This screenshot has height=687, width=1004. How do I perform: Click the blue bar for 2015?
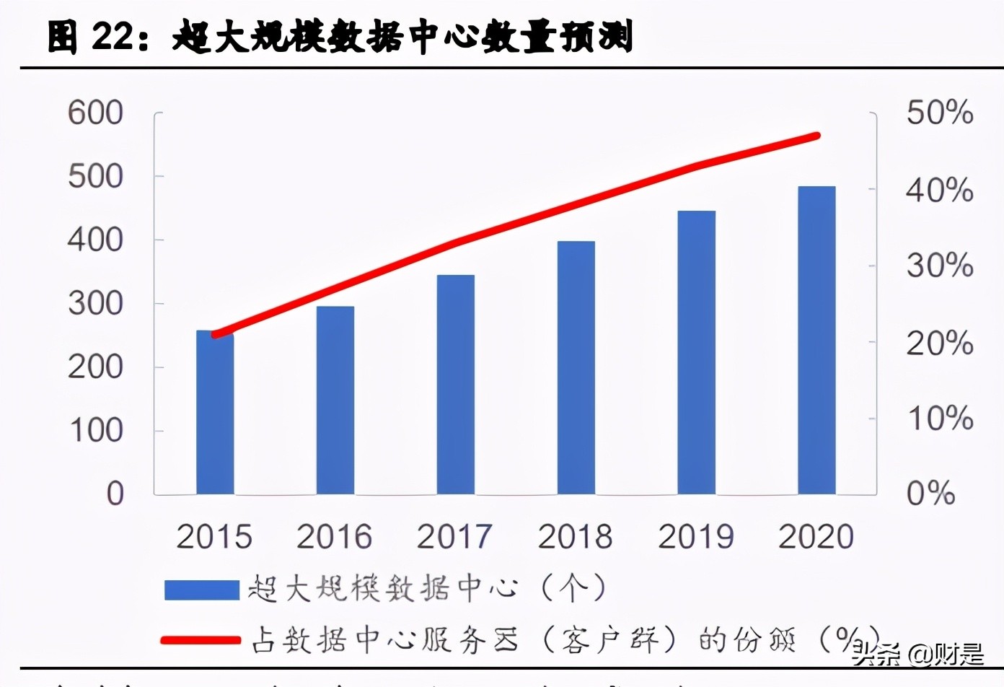[x=215, y=413]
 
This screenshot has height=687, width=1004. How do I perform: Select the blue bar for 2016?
[x=335, y=401]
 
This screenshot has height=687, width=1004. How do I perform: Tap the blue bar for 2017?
[x=456, y=385]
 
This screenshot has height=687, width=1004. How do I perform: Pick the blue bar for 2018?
[x=576, y=368]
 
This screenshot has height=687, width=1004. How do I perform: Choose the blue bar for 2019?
[x=697, y=353]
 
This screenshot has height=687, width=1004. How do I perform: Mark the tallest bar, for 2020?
[x=816, y=341]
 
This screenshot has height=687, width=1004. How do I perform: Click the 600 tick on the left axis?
[x=96, y=113]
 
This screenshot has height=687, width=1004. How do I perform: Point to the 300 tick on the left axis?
[x=96, y=304]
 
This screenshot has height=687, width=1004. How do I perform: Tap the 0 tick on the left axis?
[x=115, y=494]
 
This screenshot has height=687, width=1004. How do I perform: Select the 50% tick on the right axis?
[x=940, y=113]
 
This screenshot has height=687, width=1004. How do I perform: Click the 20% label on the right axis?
[x=940, y=343]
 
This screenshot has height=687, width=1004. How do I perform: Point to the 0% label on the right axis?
[x=930, y=494]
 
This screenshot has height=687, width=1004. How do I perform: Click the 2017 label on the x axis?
[x=454, y=537]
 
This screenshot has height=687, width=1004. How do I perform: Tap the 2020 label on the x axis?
[x=816, y=537]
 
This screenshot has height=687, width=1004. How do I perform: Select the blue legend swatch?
[x=201, y=590]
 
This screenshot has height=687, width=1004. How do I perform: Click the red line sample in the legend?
[x=201, y=640]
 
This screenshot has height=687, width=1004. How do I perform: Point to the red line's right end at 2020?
[x=816, y=136]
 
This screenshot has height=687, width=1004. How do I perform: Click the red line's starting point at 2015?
[x=215, y=334]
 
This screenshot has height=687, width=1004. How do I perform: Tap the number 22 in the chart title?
[x=113, y=37]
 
